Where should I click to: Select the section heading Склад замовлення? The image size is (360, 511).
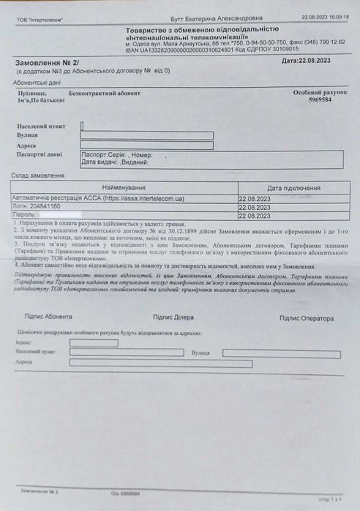38,175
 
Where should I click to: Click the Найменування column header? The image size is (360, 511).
123,188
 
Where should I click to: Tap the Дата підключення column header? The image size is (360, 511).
293,188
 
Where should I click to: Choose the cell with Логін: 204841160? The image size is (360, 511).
37,207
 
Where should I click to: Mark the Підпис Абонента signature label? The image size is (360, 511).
48,317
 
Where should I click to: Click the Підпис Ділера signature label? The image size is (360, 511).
173,317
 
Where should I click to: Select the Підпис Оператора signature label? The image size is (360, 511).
306,318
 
